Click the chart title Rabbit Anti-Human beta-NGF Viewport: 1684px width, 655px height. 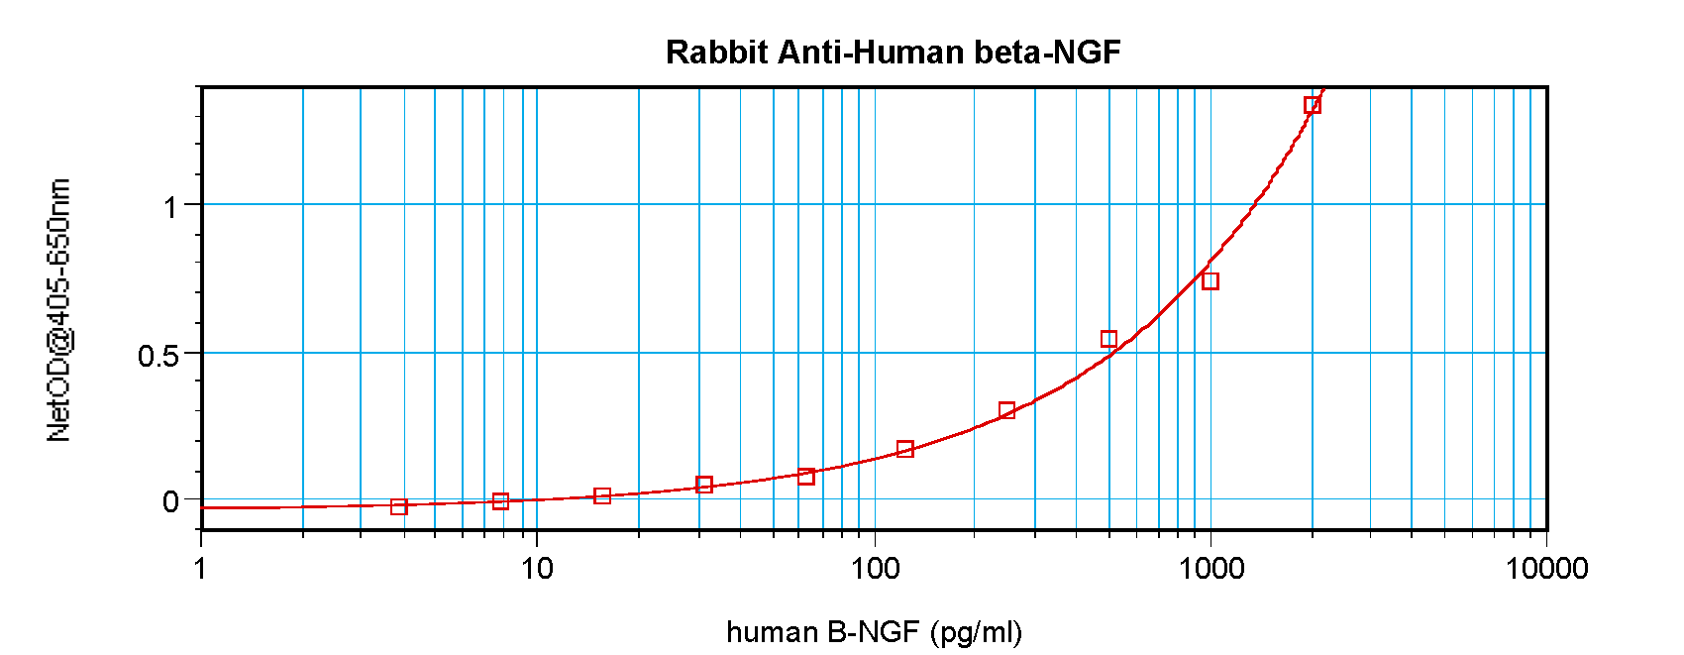[893, 52]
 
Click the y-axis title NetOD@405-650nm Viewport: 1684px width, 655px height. [59, 310]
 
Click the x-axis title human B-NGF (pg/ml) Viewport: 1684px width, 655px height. [874, 631]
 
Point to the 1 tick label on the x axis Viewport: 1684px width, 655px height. [201, 568]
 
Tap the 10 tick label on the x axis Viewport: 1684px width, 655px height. [537, 568]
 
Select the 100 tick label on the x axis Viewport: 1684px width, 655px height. [874, 568]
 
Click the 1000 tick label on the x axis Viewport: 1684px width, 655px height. [1210, 568]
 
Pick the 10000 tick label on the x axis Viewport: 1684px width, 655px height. [1546, 568]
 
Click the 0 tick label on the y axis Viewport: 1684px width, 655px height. [171, 501]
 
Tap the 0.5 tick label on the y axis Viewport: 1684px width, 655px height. [158, 355]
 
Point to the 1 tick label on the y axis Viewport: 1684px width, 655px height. [171, 207]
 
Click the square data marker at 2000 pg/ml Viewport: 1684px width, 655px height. [1312, 105]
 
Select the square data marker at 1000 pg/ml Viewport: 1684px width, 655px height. [1210, 281]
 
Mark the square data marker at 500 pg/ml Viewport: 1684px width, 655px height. [1108, 339]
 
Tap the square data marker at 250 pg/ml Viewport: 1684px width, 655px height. [1007, 410]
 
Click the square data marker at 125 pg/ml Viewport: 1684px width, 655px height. [905, 449]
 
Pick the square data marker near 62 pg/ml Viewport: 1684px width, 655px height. [806, 477]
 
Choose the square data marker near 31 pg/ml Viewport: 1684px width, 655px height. [704, 485]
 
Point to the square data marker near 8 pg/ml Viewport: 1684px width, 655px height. [500, 501]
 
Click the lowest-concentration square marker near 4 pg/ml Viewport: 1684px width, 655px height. [399, 507]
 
